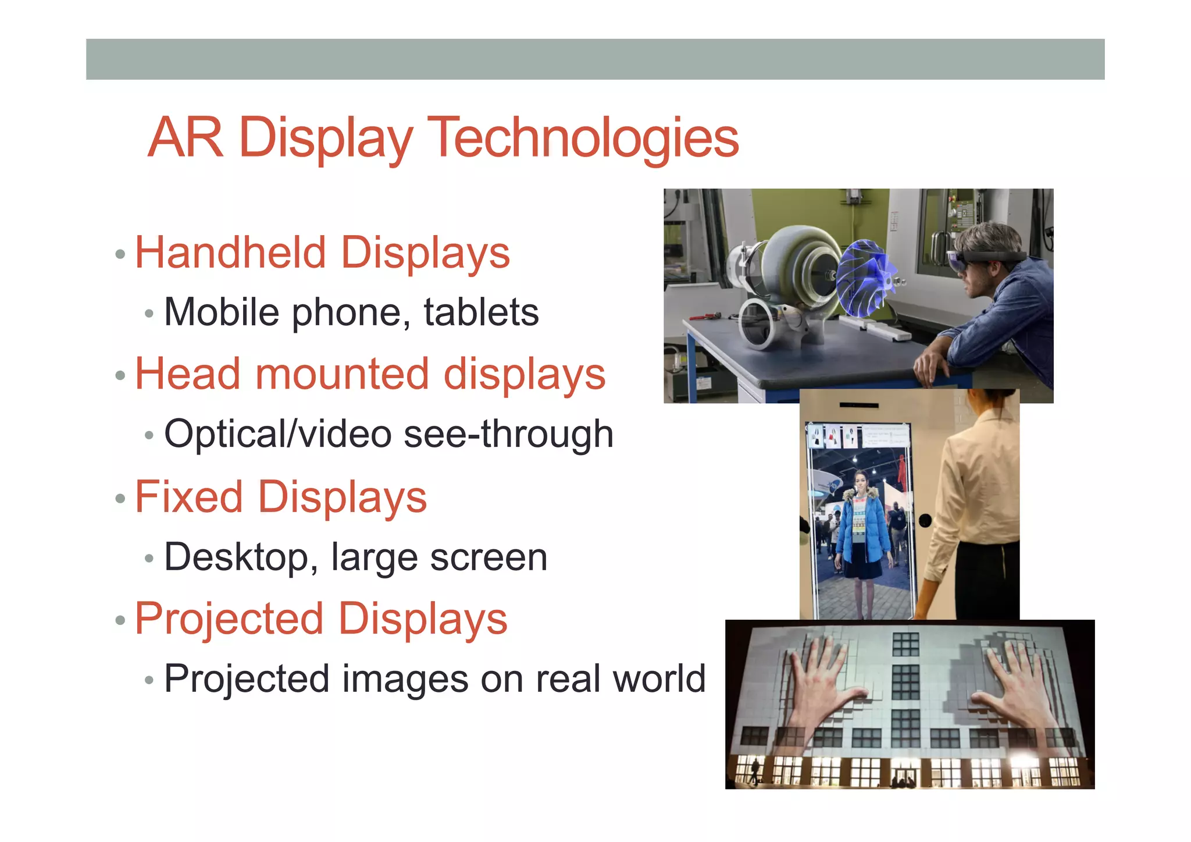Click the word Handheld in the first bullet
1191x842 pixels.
pyautogui.click(x=230, y=253)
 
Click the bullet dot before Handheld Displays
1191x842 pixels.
pyautogui.click(x=120, y=254)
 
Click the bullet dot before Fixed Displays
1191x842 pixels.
pyautogui.click(x=120, y=499)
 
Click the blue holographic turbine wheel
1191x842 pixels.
pyautogui.click(x=866, y=278)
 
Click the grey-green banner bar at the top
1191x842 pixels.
pyautogui.click(x=595, y=59)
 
